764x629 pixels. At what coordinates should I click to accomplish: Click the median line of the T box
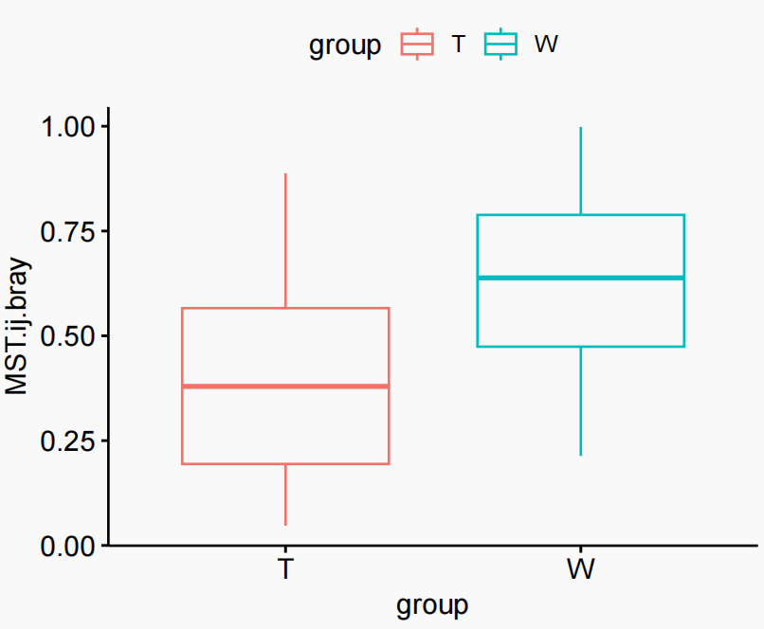pyautogui.click(x=285, y=386)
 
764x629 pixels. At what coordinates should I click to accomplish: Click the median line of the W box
pyautogui.click(x=580, y=278)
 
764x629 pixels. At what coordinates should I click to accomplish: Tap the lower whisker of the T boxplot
pyautogui.click(x=285, y=494)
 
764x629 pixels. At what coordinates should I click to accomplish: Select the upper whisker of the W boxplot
pyautogui.click(x=580, y=171)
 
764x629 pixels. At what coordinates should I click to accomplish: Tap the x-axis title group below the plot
pyautogui.click(x=433, y=604)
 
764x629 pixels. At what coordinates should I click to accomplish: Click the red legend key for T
pyautogui.click(x=417, y=45)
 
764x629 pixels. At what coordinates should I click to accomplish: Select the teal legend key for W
pyautogui.click(x=500, y=45)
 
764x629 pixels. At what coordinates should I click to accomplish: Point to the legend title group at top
pyautogui.click(x=345, y=45)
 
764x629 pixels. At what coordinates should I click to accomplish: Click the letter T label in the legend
pyautogui.click(x=458, y=45)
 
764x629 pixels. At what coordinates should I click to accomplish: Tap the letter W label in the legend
pyautogui.click(x=546, y=45)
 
